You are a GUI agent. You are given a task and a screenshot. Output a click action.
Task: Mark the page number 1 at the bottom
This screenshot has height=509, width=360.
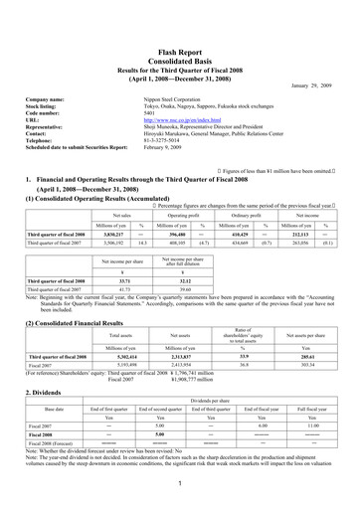(x=180, y=482)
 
